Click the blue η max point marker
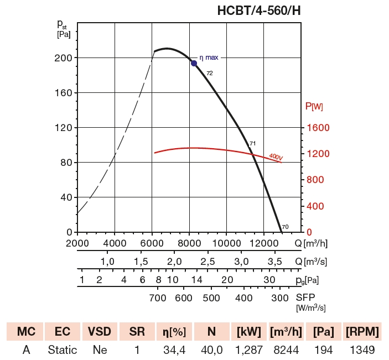click(194, 63)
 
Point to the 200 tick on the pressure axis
click(65, 58)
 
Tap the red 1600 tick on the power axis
click(318, 128)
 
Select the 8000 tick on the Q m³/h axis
click(189, 243)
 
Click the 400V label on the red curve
click(276, 158)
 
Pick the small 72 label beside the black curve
click(210, 73)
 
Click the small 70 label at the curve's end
click(285, 227)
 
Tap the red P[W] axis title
click(314, 106)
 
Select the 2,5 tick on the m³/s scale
click(208, 261)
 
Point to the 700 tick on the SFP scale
click(158, 298)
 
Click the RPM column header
click(362, 332)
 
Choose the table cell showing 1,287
click(248, 350)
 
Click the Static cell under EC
click(63, 350)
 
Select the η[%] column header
click(174, 332)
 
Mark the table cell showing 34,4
click(174, 350)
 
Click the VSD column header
click(100, 332)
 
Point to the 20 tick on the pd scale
click(227, 280)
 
